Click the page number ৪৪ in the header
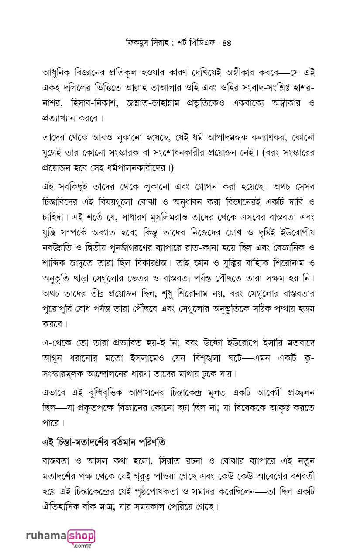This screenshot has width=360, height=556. (x=226, y=43)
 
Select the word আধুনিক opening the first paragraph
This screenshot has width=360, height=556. (x=58, y=72)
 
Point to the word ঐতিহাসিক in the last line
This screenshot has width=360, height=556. (x=62, y=507)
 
